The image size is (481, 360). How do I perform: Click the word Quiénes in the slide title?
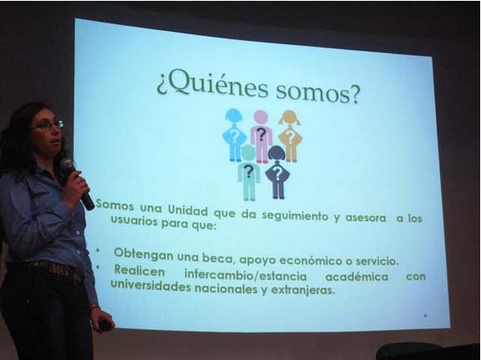pos(213,84)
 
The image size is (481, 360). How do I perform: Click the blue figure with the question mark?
pos(233,135)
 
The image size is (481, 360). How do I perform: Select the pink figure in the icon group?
pos(261,136)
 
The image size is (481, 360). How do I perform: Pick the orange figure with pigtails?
pos(289,136)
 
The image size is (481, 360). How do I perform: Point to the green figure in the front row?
pos(248,173)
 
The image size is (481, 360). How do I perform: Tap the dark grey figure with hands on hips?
pos(278,172)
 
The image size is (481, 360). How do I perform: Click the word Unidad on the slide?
pos(188,210)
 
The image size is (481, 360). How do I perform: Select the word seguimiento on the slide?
pos(295,216)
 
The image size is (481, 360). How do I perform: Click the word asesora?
pos(366,217)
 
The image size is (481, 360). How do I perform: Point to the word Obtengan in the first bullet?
pos(143,254)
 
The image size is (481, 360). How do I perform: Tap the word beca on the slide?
pos(218,259)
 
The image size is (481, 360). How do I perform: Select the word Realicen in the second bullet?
pos(139,271)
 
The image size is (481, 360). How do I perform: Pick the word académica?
pos(357,277)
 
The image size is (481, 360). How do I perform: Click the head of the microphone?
pos(68,166)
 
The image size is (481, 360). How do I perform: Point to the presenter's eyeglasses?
pos(48,125)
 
